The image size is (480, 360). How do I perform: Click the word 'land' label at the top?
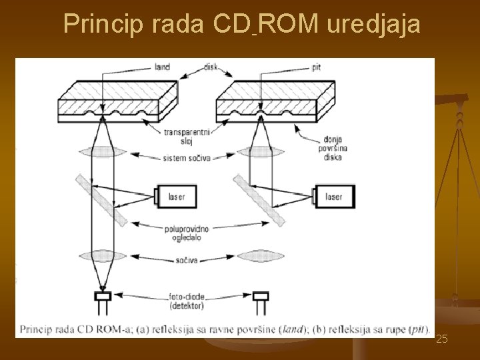(x=161, y=67)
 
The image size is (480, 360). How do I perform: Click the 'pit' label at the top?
(x=297, y=67)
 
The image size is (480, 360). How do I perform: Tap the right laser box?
(x=333, y=197)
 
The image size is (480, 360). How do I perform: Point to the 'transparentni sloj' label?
(x=187, y=136)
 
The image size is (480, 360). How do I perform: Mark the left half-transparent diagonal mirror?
(x=101, y=199)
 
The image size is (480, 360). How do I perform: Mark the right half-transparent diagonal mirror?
(x=259, y=199)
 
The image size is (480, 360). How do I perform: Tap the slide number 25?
(x=441, y=339)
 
